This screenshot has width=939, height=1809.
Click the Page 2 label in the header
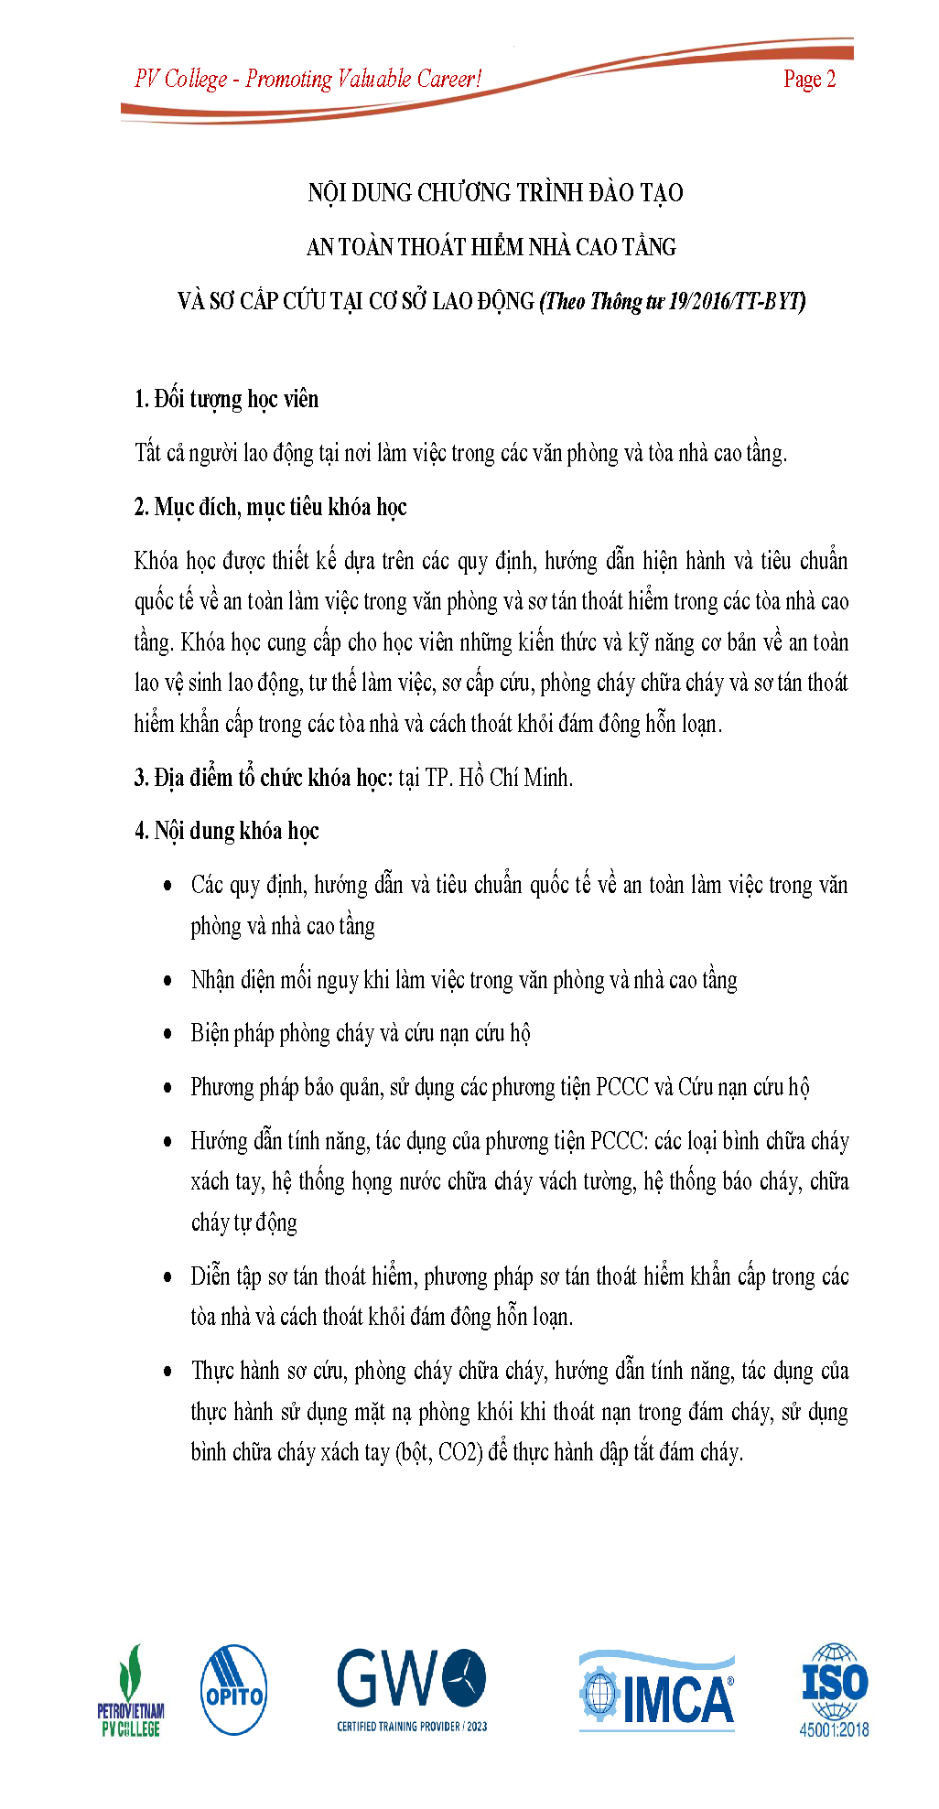pyautogui.click(x=809, y=80)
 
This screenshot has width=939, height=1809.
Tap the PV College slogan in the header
pyautogui.click(x=308, y=80)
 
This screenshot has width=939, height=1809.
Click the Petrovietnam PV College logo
pyautogui.click(x=131, y=1691)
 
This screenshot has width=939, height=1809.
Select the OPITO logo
pyautogui.click(x=233, y=1689)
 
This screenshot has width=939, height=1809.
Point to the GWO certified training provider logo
pyautogui.click(x=412, y=1690)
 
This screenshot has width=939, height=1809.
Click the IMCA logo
pyautogui.click(x=656, y=1691)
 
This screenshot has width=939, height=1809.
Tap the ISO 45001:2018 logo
pyautogui.click(x=834, y=1690)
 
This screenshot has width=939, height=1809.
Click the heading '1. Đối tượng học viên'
pyautogui.click(x=226, y=400)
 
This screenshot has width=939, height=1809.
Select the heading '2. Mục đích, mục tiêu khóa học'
pyautogui.click(x=270, y=508)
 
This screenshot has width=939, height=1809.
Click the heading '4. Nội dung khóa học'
pyautogui.click(x=226, y=832)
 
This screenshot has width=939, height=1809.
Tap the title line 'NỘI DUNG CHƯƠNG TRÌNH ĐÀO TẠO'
pyautogui.click(x=495, y=193)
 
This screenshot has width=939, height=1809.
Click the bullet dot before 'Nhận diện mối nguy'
pyautogui.click(x=167, y=981)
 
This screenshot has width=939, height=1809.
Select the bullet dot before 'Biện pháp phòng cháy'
pyautogui.click(x=167, y=1035)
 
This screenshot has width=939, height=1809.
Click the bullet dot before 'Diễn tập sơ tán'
pyautogui.click(x=167, y=1277)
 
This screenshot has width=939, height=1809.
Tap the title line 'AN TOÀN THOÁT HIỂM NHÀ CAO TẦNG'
pyautogui.click(x=491, y=247)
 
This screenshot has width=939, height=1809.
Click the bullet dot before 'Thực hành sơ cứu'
pyautogui.click(x=167, y=1372)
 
